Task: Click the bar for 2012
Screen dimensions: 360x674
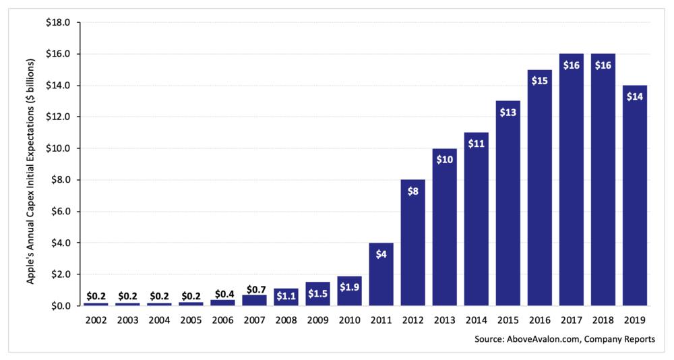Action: pyautogui.click(x=412, y=243)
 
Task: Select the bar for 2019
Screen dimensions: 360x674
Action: pyautogui.click(x=635, y=196)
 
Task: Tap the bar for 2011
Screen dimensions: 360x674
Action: pyautogui.click(x=381, y=274)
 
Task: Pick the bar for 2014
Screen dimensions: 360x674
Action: pyautogui.click(x=476, y=219)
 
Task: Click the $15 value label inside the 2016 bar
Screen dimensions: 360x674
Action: pyautogui.click(x=539, y=80)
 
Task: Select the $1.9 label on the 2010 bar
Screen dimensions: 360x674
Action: pyautogui.click(x=349, y=288)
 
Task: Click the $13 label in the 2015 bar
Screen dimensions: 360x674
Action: pyautogui.click(x=508, y=112)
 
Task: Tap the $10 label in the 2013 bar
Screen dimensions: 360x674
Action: pyautogui.click(x=444, y=159)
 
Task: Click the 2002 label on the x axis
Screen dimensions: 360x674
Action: pyautogui.click(x=96, y=320)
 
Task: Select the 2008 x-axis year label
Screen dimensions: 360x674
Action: pyautogui.click(x=286, y=320)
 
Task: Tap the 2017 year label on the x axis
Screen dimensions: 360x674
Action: pyautogui.click(x=571, y=320)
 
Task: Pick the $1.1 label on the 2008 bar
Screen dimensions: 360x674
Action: pyautogui.click(x=286, y=295)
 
